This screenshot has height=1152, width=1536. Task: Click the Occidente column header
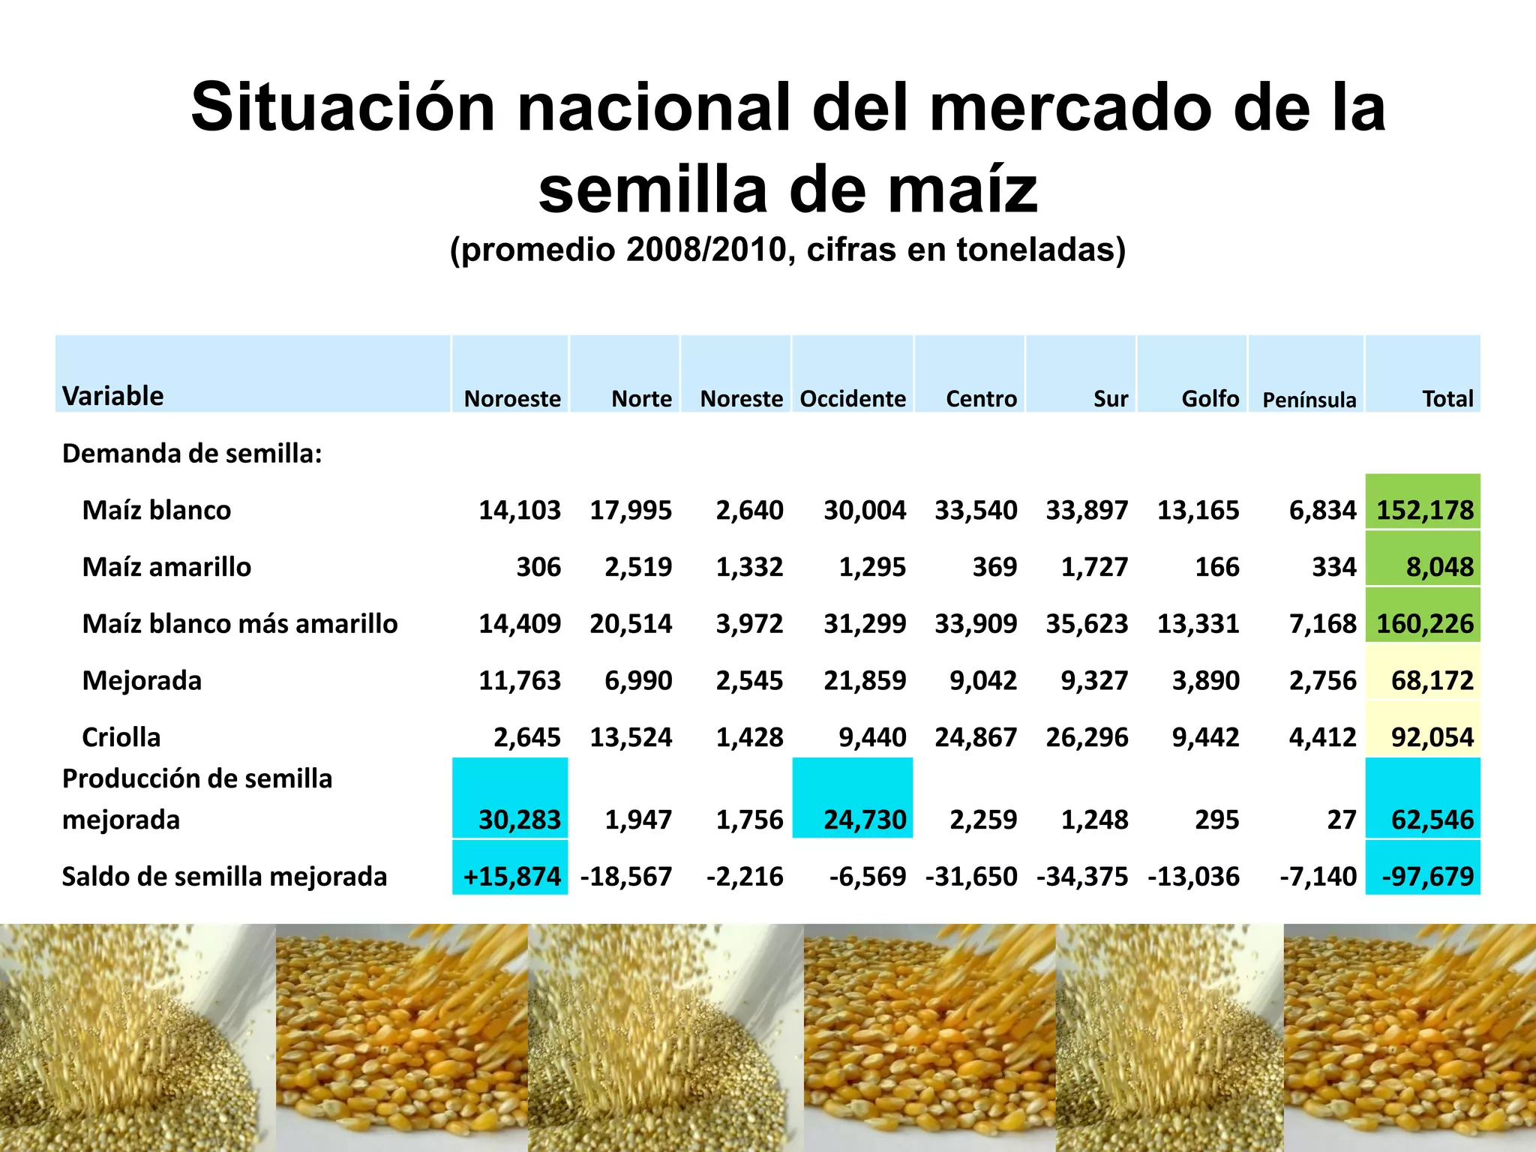coord(853,398)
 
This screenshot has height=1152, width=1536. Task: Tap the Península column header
coord(1309,400)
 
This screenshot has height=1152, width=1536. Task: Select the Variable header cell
coord(113,396)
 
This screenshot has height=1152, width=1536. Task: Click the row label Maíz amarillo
coord(166,567)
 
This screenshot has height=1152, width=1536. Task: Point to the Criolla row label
coord(121,737)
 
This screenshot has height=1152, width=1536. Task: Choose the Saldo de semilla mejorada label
coord(224,876)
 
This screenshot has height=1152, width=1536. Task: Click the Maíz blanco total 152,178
coord(1424,510)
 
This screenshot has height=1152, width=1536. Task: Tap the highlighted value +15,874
coord(511,876)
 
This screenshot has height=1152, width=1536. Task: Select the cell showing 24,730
coord(864,820)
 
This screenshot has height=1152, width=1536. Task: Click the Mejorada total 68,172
coord(1432,680)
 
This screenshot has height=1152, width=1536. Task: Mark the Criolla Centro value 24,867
coord(976,737)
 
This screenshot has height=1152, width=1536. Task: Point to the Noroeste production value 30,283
coord(519,820)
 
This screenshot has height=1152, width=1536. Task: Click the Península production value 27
coord(1341,820)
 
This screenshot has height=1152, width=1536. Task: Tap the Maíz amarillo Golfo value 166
coord(1216,567)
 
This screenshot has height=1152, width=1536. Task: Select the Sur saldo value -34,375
coord(1082,876)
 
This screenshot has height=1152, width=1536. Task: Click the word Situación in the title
coord(343,107)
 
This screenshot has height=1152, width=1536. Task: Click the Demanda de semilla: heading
coord(192,454)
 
